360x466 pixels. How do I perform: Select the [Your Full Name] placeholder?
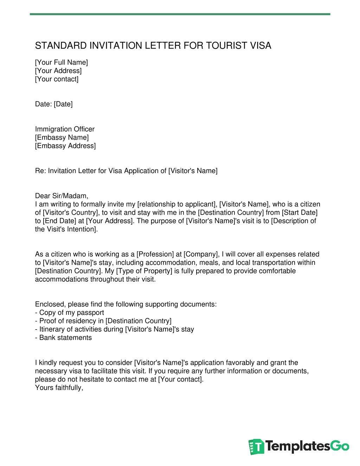pyautogui.click(x=62, y=63)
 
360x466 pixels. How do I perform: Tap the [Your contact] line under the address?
pyautogui.click(x=57, y=79)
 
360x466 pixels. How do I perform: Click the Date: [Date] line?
pyautogui.click(x=54, y=104)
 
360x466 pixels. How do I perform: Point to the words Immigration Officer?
pyautogui.click(x=65, y=129)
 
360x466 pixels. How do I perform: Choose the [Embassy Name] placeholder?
pyautogui.click(x=62, y=138)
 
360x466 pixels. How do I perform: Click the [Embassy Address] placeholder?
pyautogui.click(x=65, y=146)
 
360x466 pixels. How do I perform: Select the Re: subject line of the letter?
pyautogui.click(x=126, y=171)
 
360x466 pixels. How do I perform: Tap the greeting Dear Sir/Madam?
pyautogui.click(x=62, y=196)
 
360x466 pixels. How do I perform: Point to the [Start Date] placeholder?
pyautogui.click(x=300, y=213)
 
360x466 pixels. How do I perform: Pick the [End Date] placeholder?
pyautogui.click(x=59, y=221)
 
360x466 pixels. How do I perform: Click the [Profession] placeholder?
pyautogui.click(x=155, y=254)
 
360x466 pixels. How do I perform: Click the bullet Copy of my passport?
pyautogui.click(x=71, y=313)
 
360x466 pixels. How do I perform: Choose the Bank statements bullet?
pyautogui.click(x=65, y=338)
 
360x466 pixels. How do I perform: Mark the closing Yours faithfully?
pyautogui.click(x=59, y=388)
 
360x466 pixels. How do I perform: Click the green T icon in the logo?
pyautogui.click(x=256, y=447)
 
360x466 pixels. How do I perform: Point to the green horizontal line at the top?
pyautogui.click(x=180, y=14)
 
